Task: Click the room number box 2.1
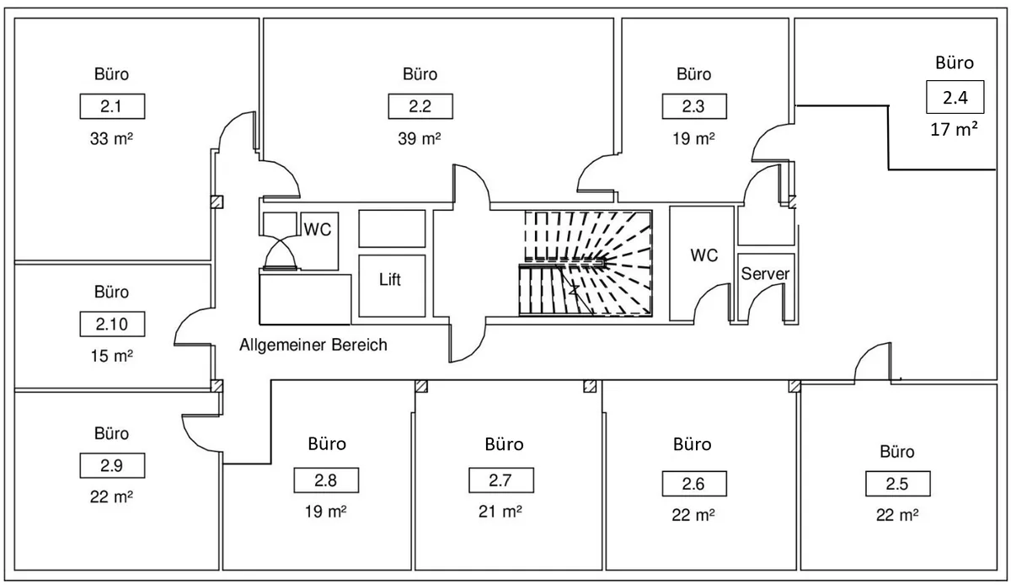point(112,106)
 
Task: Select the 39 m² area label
point(420,138)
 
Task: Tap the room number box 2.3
point(694,106)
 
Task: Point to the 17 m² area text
point(954,129)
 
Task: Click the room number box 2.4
point(955,97)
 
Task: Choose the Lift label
point(390,280)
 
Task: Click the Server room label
point(765,274)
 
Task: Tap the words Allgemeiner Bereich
point(313,345)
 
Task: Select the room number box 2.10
point(112,324)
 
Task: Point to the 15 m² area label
point(111,356)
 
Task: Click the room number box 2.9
point(112,465)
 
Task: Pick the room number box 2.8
point(326,480)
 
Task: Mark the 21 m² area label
point(500,512)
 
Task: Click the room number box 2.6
point(694,484)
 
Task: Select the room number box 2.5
point(898,484)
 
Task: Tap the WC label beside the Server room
point(703,255)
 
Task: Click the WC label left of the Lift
point(318,229)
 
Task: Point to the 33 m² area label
point(111,138)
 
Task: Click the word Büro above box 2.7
point(504,444)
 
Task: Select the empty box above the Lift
point(392,228)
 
